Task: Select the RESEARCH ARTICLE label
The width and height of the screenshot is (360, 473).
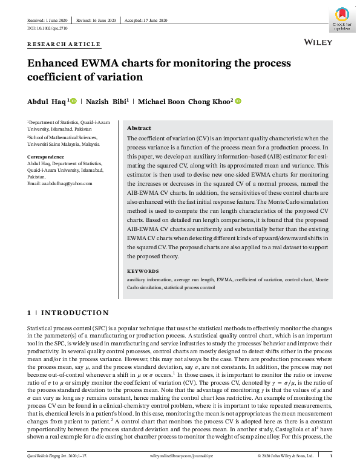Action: pos(64,45)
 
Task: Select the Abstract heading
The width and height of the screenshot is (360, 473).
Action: pos(139,129)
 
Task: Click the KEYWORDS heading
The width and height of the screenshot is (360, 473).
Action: pos(143,272)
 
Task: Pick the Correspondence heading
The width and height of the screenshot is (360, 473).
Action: pos(46,157)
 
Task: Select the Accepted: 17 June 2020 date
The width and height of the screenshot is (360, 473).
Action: pos(145,20)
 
